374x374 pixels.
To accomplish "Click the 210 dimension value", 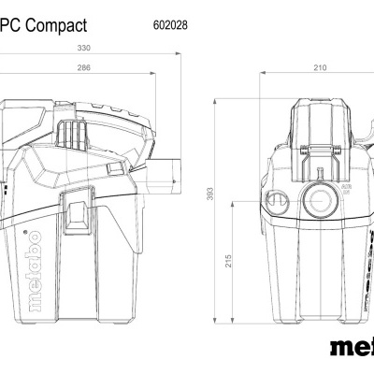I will [320, 68].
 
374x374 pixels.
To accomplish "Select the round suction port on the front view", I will [312, 199].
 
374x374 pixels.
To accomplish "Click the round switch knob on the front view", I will [276, 198].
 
